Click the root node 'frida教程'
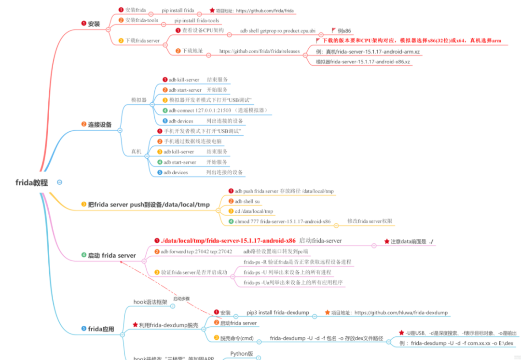pos(32,182)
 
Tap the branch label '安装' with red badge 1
pos(94,24)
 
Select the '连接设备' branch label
pos(99,125)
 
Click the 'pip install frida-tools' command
pos(196,21)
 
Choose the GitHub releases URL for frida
pos(259,51)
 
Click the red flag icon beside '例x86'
pos(333,30)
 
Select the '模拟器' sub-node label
pos(139,100)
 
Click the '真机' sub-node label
pos(137,152)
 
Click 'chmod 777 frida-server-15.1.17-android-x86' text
pos(282,222)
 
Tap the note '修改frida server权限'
pos(370,221)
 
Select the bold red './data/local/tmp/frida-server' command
pos(228,240)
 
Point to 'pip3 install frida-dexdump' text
pos(277,312)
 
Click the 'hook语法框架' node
pos(150,302)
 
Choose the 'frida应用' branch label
pos(101,329)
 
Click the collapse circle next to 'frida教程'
pos(59,182)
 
